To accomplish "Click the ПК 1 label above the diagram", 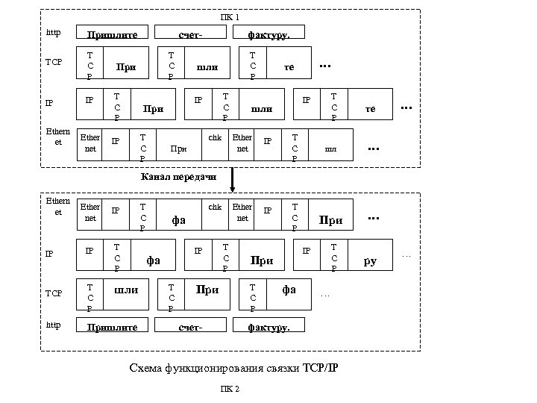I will pos(230,16).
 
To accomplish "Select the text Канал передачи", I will pos(178,177).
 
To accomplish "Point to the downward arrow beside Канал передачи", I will pos(233,179).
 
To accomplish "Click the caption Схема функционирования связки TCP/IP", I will pos(233,367).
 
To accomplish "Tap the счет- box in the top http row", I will pos(191,34).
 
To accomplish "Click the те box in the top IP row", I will pos(371,108).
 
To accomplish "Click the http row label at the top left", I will pos(54,33).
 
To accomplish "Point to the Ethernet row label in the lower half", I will pos(57,207).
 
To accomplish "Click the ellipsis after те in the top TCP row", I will pos(324,66).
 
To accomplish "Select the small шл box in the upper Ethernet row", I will pos(330,149).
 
